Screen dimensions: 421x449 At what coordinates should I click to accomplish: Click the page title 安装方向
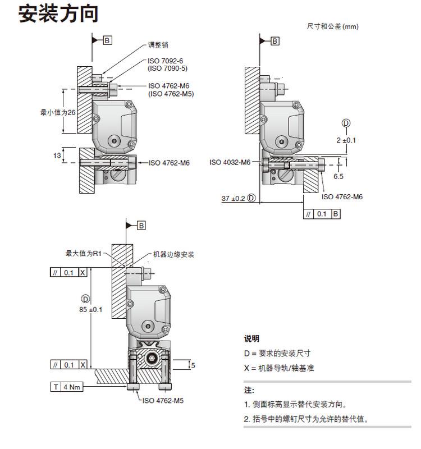point(58,13)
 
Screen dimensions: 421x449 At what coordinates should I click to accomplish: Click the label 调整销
point(158,45)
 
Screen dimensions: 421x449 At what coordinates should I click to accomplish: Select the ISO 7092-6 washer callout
point(165,61)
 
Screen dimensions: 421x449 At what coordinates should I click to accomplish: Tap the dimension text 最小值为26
point(58,112)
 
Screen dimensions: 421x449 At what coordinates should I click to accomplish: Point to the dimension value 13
point(57,155)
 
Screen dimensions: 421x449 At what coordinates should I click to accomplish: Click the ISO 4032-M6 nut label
point(230,162)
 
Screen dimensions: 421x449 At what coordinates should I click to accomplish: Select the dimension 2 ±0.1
point(346,140)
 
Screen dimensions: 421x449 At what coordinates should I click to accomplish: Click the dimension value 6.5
point(338,176)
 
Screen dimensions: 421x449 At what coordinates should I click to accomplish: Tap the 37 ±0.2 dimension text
point(234,199)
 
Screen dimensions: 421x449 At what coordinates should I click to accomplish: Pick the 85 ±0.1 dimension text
point(91,310)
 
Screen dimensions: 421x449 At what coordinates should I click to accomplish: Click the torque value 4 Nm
point(72,387)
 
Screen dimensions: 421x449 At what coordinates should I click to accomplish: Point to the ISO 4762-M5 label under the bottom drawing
point(163,401)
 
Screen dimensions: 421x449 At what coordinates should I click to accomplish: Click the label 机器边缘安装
point(173,254)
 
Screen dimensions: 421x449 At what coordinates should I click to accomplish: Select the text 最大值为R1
point(84,253)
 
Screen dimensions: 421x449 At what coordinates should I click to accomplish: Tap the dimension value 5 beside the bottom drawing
point(193,366)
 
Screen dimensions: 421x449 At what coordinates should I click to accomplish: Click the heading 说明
point(251,339)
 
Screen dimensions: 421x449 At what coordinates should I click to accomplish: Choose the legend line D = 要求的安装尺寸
point(277,354)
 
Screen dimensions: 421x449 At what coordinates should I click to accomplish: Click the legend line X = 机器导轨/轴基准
point(279,368)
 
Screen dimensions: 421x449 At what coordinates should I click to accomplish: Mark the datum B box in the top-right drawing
point(275,41)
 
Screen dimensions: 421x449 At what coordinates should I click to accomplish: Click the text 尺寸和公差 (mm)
point(332,26)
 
